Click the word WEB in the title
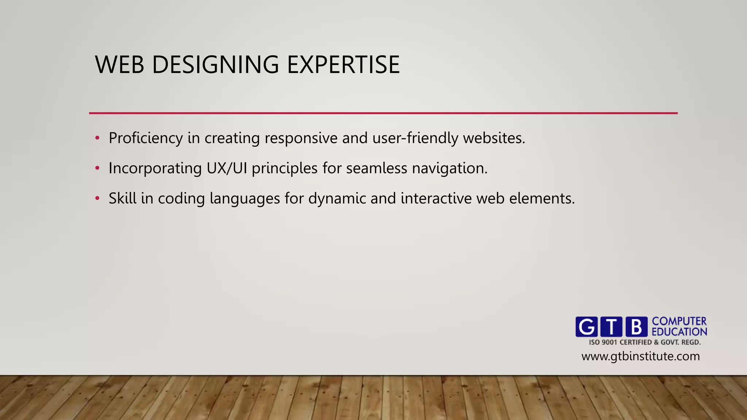point(120,65)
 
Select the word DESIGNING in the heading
point(215,65)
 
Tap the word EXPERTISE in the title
point(343,65)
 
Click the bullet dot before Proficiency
point(97,138)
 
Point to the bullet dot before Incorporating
point(97,168)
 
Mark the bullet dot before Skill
point(97,199)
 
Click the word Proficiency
point(146,139)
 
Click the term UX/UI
point(227,168)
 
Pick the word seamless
point(376,168)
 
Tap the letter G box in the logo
point(587,327)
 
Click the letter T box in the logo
point(611,327)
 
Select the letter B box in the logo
point(636,327)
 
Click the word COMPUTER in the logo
point(679,321)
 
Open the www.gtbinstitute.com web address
point(640,356)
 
